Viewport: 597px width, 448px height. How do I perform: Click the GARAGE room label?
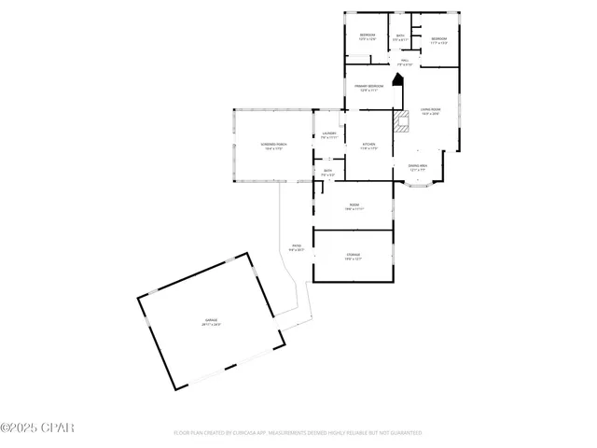[x=212, y=322]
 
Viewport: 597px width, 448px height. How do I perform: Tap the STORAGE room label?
[x=354, y=255]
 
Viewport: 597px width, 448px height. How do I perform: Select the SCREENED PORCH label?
[x=273, y=145]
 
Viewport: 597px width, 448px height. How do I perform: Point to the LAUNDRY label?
[x=328, y=134]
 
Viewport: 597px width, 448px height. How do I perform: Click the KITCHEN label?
[x=368, y=145]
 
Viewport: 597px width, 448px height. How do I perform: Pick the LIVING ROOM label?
[x=429, y=111]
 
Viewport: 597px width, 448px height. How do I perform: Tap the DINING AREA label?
[x=418, y=167]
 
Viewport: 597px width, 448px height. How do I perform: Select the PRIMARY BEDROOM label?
[x=368, y=87]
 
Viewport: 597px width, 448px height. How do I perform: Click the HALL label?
[x=405, y=62]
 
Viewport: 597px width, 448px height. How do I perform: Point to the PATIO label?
[x=297, y=246]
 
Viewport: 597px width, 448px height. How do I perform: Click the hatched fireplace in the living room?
[x=403, y=121]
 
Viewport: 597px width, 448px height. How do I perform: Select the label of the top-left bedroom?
[x=368, y=36]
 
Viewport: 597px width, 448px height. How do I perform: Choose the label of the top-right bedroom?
[x=438, y=40]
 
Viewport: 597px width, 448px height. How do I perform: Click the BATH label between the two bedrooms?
[x=400, y=37]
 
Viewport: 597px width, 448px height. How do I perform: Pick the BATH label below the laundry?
[x=327, y=172]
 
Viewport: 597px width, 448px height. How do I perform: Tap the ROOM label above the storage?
[x=354, y=205]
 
